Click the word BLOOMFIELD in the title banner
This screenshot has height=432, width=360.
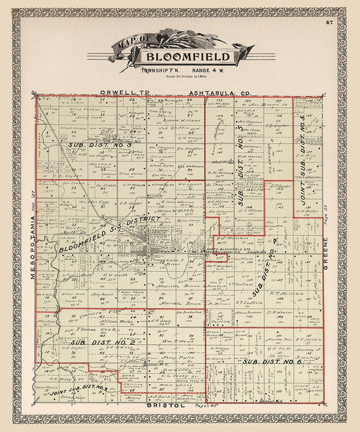(x=188, y=57)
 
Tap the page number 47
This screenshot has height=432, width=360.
(x=329, y=22)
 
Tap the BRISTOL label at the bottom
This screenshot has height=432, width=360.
(x=166, y=405)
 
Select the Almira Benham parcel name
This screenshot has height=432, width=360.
(x=248, y=312)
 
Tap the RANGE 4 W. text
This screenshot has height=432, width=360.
(x=208, y=70)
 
